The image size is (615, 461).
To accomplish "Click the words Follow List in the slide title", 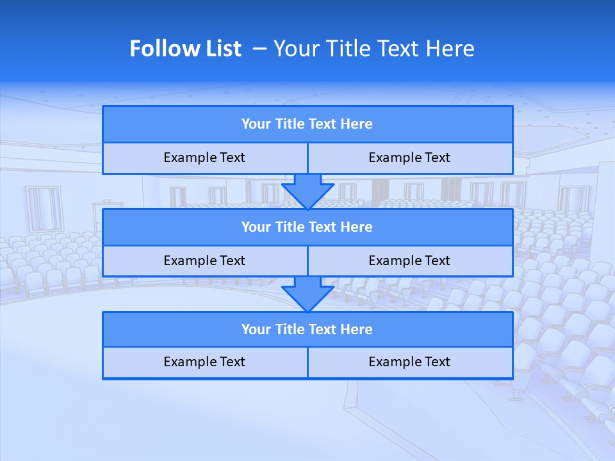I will pos(185,49).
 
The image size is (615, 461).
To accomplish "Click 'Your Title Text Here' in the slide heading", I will pos(373,49).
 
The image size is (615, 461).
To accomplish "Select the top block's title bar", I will pos(307,124).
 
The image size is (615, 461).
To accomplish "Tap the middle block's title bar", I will pos(307,227).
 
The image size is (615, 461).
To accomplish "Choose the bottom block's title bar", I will pos(307,330).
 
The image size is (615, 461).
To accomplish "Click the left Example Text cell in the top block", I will pos(204,158).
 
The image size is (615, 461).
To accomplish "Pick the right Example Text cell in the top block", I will pos(409,158).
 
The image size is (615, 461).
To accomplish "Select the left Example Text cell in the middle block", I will pos(204,261).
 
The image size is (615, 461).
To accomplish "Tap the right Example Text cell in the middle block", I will pos(409,261).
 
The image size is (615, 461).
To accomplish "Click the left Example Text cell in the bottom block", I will pos(204,362).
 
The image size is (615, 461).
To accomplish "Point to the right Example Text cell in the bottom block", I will pos(409,362).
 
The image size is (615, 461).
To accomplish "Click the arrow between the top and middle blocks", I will pos(307,191).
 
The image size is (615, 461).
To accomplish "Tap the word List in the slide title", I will pos(224,49).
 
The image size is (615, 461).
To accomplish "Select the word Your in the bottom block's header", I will pos(256,330).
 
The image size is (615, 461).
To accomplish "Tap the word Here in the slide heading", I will pos(452,49).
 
